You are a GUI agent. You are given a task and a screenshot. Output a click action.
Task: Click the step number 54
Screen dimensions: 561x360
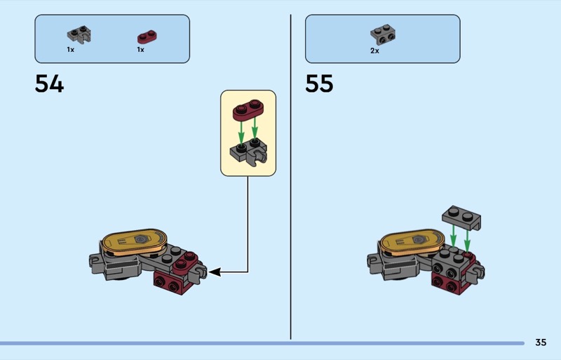(49, 84)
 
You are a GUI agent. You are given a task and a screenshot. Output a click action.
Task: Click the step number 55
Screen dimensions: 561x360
(319, 84)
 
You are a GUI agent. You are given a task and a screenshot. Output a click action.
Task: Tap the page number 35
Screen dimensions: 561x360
(541, 342)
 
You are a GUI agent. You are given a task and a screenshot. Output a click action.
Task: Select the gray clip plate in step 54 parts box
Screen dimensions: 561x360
(79, 35)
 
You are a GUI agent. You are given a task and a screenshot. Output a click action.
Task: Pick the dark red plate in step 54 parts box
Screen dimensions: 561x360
(147, 36)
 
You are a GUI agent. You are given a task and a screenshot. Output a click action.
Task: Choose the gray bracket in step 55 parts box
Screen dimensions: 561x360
(383, 34)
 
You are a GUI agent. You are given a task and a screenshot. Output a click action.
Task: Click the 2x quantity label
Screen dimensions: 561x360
(374, 51)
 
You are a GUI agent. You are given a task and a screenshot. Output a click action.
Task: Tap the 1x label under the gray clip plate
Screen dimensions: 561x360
(71, 49)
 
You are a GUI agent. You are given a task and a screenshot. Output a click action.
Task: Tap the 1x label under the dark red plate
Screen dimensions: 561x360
(141, 49)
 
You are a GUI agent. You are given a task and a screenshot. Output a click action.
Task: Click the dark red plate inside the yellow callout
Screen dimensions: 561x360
(248, 110)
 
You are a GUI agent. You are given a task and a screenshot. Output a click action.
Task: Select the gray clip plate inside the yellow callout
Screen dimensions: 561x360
(249, 152)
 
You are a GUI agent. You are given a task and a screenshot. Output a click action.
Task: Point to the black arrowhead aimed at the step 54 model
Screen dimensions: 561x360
(214, 272)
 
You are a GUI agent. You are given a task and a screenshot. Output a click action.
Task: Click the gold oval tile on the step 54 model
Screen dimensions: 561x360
(134, 242)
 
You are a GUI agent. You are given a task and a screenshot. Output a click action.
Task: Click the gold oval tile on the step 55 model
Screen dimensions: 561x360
(412, 242)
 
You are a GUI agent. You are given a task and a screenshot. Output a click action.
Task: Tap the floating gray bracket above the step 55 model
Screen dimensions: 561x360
(461, 218)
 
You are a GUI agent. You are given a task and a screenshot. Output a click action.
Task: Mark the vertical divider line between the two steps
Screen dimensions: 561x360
(290, 177)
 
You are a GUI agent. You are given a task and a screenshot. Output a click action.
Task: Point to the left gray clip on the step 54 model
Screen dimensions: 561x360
(95, 264)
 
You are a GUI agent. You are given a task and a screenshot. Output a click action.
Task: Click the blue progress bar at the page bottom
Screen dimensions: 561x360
(262, 343)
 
